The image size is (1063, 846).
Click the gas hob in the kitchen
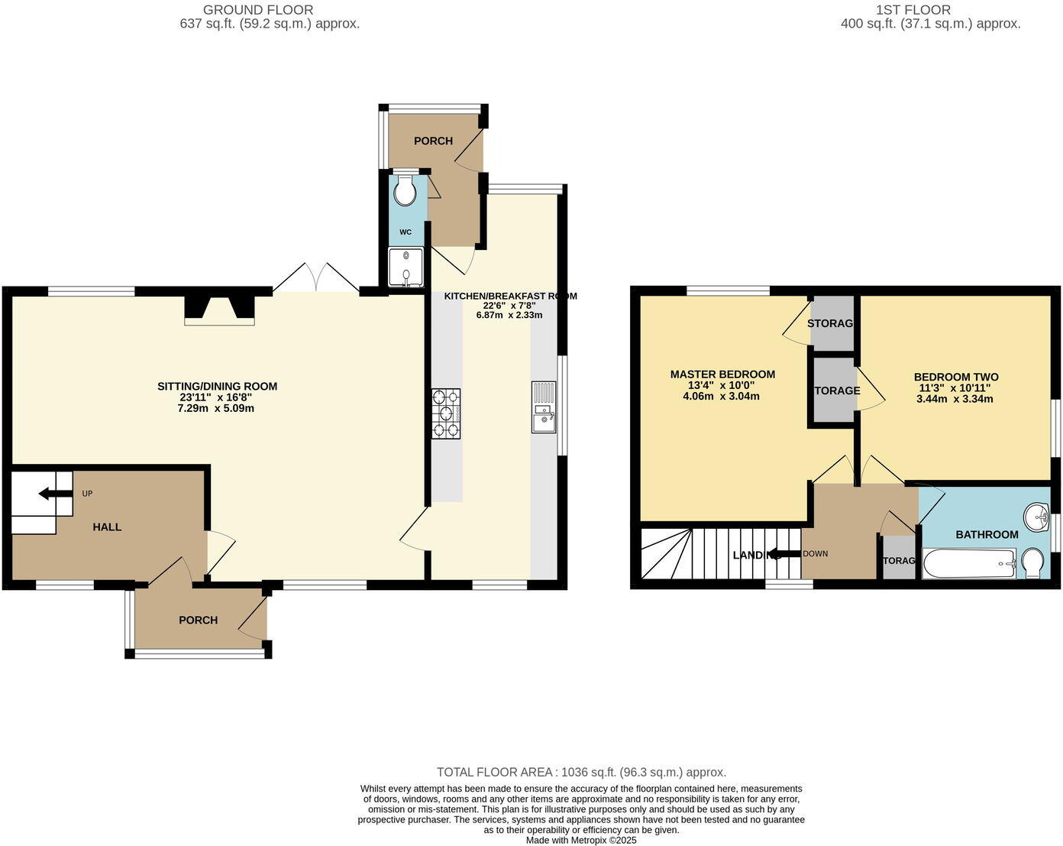[447, 413]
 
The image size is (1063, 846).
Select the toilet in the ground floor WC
[405, 191]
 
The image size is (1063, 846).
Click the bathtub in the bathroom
[969, 565]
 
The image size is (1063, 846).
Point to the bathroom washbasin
[1037, 517]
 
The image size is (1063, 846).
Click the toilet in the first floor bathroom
[1034, 564]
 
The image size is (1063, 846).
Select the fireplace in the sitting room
[219, 309]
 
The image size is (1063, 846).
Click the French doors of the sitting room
[316, 279]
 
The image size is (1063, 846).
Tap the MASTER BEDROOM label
[722, 374]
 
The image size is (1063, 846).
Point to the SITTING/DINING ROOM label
[217, 387]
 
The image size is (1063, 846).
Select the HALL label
[107, 527]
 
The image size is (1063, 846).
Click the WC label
[405, 232]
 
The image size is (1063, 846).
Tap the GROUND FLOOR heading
[257, 10]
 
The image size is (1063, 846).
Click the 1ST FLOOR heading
[914, 10]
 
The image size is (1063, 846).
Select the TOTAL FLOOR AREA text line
[581, 772]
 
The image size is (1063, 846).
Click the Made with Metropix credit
[581, 840]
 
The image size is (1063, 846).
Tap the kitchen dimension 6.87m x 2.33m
[509, 315]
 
